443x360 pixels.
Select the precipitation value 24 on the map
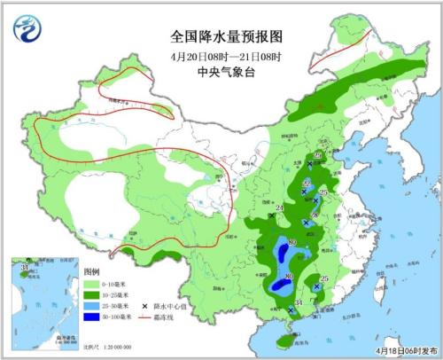pos(280,207)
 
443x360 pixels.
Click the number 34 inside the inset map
pos(25,265)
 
